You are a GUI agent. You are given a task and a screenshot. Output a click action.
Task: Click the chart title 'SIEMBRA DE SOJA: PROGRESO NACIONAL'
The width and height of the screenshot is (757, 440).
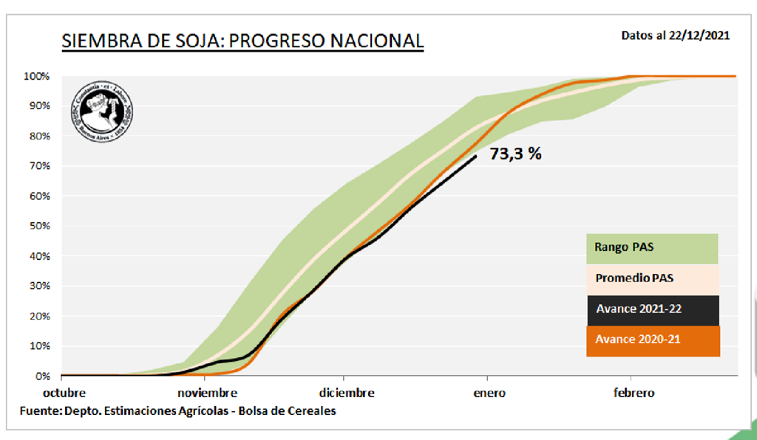tap(242, 41)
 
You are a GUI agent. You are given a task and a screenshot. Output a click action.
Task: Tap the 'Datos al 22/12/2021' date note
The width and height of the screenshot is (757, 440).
tap(676, 35)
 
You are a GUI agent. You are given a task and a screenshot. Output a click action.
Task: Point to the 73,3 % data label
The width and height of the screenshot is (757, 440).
tap(516, 154)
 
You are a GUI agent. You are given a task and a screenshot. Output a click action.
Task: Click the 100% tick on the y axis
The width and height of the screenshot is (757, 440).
tap(36, 76)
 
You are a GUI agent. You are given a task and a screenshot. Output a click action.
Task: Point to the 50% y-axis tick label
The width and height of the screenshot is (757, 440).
tap(38, 226)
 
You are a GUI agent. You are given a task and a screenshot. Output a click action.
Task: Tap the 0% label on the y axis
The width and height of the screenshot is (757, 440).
tap(43, 376)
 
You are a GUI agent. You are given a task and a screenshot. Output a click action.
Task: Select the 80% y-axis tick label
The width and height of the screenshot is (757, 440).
tap(38, 136)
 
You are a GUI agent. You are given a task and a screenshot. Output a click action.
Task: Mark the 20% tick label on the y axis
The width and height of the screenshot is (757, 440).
tap(38, 316)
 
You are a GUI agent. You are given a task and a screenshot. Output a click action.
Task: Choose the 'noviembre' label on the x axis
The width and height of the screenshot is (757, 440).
tap(207, 393)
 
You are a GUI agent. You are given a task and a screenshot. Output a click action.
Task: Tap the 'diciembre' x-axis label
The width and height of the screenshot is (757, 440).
tap(347, 393)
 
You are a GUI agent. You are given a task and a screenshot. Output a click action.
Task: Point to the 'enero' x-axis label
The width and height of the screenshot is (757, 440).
tap(489, 393)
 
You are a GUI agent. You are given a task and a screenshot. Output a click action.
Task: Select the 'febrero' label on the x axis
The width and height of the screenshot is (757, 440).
tap(634, 393)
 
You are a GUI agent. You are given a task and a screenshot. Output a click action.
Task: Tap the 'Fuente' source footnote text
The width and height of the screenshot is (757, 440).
tap(178, 410)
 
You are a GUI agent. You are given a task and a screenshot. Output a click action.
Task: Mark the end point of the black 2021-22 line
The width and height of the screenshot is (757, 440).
tap(475, 155)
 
